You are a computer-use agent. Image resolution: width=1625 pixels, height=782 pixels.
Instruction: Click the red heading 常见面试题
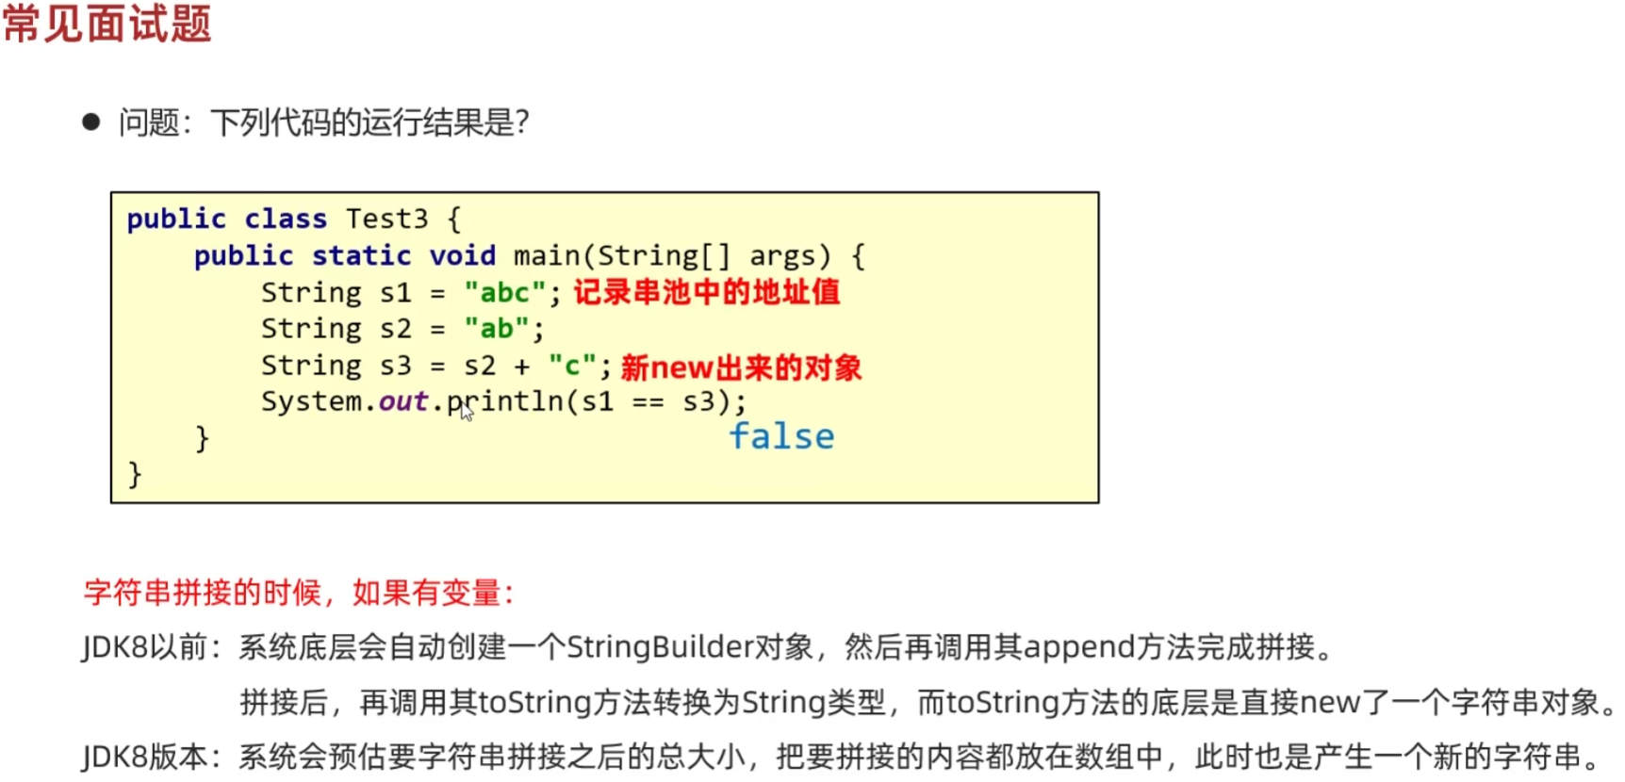[x=107, y=24]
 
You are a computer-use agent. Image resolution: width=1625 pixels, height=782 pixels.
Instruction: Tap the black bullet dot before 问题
[x=91, y=122]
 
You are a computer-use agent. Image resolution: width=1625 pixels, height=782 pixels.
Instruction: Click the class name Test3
[x=386, y=219]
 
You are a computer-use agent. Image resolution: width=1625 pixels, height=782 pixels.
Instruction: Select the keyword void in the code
[x=462, y=255]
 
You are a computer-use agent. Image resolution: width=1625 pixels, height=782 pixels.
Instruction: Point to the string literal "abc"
[x=504, y=292]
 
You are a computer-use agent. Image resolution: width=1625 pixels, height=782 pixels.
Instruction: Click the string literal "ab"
[x=497, y=329]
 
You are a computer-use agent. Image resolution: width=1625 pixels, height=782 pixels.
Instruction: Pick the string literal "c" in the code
[x=572, y=366]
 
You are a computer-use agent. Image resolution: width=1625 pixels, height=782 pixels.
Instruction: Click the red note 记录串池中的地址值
[x=706, y=292]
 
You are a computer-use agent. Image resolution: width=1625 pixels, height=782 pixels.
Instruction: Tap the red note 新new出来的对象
[x=741, y=367]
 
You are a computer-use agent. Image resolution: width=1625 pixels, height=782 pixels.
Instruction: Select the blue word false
[x=781, y=436]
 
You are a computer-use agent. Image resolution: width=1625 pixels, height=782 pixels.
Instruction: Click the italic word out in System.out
[x=402, y=401]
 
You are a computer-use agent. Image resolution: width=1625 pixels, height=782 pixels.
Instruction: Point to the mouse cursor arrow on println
[x=466, y=411]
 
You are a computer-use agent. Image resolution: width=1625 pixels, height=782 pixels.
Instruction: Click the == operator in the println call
[x=648, y=402]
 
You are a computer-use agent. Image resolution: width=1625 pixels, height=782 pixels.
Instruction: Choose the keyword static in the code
[x=361, y=255]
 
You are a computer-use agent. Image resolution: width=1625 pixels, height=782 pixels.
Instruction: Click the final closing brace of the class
[x=135, y=473]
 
